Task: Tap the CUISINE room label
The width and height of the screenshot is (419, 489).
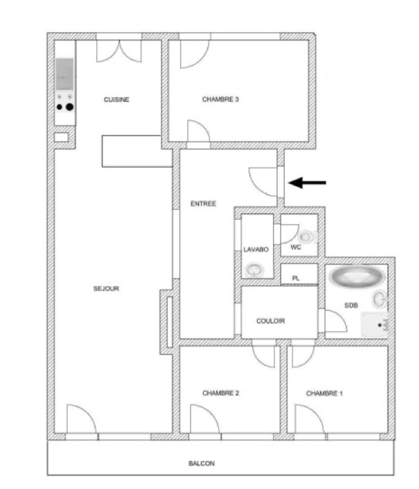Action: (116, 99)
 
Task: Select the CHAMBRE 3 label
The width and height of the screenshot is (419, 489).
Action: (220, 99)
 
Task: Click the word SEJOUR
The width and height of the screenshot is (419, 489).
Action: (106, 288)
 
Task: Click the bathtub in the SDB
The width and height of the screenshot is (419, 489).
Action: (356, 275)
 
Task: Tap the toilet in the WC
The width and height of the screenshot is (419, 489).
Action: (306, 237)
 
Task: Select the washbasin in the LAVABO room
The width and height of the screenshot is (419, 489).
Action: (254, 270)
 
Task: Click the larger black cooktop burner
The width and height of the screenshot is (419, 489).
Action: (70, 107)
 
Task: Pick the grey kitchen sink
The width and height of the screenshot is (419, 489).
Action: (65, 74)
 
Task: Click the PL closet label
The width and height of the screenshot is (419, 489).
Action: (296, 278)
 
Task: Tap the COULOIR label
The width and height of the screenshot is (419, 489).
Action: (270, 321)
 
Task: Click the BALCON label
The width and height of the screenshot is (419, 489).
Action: (201, 463)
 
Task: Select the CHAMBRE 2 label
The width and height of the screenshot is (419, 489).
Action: (220, 393)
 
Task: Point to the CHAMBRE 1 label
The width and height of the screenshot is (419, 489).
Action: (324, 393)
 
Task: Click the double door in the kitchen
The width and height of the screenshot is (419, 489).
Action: (119, 52)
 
